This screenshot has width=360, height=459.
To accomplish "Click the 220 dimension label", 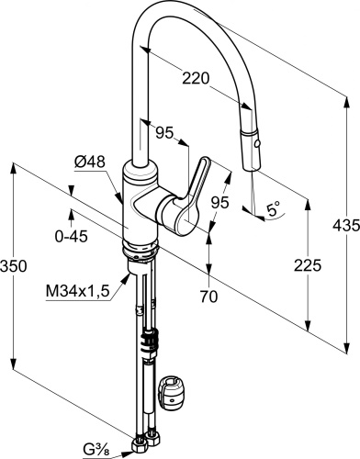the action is (x=196, y=78).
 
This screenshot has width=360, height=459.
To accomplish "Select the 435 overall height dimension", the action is (x=346, y=226).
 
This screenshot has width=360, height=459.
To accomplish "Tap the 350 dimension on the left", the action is (x=14, y=265).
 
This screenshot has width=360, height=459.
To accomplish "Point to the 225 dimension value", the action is (x=308, y=265).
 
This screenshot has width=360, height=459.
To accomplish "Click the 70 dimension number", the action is (x=209, y=296).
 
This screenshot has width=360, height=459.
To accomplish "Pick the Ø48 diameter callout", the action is (x=90, y=162).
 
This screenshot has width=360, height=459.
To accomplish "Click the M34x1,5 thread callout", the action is (x=77, y=291).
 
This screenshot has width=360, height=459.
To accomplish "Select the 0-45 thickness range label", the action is (x=72, y=236).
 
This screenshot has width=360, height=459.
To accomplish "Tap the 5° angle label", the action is (x=273, y=209).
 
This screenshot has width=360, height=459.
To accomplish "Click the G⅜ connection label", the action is (x=95, y=450).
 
